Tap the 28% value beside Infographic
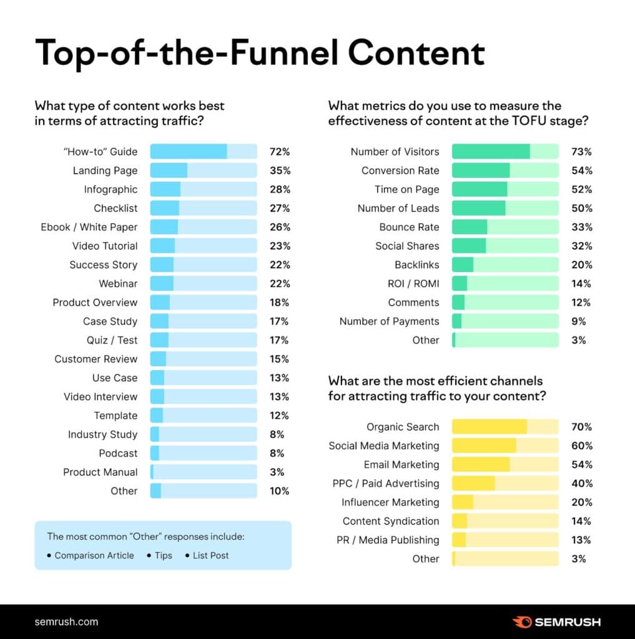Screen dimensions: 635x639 (280, 190)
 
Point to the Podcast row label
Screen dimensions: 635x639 (118, 453)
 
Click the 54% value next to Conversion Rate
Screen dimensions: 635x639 (581, 170)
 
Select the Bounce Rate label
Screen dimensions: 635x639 (409, 227)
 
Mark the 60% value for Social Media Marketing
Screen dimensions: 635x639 (581, 446)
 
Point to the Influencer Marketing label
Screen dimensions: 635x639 (390, 502)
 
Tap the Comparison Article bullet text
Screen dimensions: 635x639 (94, 555)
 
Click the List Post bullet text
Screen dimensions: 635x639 (210, 555)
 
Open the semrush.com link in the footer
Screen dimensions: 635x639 (66, 622)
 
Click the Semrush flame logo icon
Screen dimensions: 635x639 (522, 622)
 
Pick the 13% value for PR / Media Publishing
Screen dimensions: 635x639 (581, 540)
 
